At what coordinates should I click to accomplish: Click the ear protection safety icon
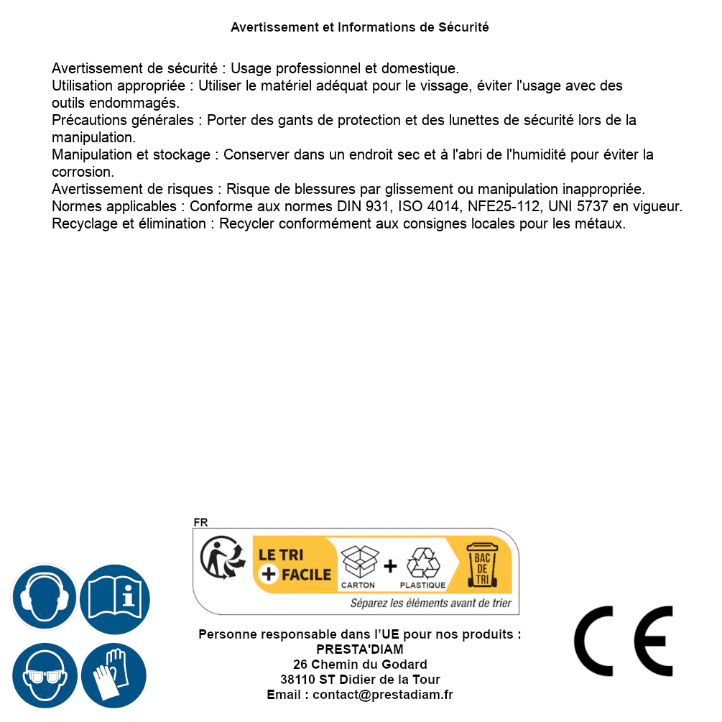(x=44, y=597)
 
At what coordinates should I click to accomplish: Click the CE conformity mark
(x=623, y=642)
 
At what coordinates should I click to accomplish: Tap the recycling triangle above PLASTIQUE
(x=422, y=564)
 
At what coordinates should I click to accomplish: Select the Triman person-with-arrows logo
(x=222, y=558)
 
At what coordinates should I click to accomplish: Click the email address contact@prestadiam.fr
(x=383, y=695)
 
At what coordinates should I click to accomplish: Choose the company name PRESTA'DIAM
(x=360, y=649)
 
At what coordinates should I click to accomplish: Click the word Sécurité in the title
(x=463, y=27)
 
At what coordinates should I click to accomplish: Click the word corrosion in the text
(x=83, y=172)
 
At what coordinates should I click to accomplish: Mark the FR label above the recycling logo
(x=200, y=522)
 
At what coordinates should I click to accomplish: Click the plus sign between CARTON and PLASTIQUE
(x=390, y=566)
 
